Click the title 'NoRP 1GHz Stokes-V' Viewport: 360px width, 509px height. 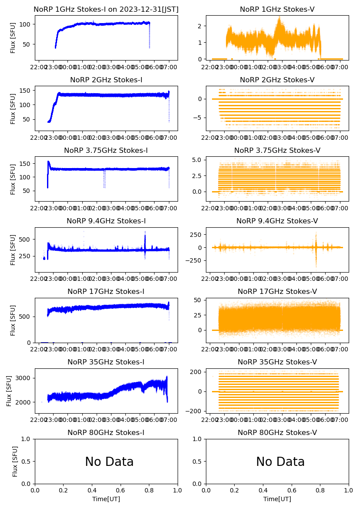(277, 9)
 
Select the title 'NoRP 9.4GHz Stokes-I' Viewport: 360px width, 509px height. (106, 221)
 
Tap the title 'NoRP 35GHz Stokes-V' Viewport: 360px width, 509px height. (277, 362)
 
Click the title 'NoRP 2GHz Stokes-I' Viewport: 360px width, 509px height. (106, 80)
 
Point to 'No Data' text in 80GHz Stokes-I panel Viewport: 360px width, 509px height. (109, 462)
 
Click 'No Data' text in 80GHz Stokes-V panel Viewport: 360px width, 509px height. (280, 462)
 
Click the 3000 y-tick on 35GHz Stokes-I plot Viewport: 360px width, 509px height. (25, 378)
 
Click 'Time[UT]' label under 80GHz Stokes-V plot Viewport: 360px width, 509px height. (277, 499)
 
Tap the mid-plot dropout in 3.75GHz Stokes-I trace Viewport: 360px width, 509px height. (104, 179)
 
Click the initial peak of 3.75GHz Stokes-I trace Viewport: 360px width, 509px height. (48, 162)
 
